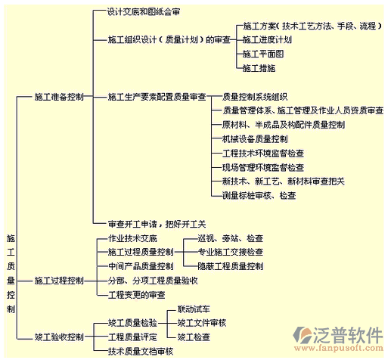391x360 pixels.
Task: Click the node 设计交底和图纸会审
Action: click(144, 12)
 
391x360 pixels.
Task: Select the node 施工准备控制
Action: click(59, 97)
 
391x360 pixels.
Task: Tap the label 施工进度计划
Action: click(267, 39)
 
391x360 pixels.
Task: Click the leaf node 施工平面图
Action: click(263, 54)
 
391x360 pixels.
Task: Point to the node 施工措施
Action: click(259, 68)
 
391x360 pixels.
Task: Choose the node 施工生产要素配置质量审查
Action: click(157, 97)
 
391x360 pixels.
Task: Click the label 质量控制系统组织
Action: click(255, 97)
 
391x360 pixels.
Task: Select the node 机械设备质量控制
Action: click(255, 139)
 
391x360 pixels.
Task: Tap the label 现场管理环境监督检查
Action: click(263, 167)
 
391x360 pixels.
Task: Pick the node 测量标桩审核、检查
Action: click(259, 195)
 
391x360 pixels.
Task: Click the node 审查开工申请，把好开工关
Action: click(157, 224)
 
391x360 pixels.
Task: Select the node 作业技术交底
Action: click(132, 238)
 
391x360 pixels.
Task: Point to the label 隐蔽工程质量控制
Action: click(231, 266)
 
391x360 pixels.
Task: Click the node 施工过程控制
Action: click(59, 281)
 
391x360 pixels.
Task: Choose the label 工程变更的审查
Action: click(136, 295)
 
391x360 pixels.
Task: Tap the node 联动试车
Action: click(194, 309)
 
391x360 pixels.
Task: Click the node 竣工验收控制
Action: click(59, 337)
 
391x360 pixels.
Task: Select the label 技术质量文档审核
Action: click(141, 351)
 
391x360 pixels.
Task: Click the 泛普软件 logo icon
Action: click(302, 335)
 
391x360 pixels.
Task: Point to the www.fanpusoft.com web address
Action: click(339, 349)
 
